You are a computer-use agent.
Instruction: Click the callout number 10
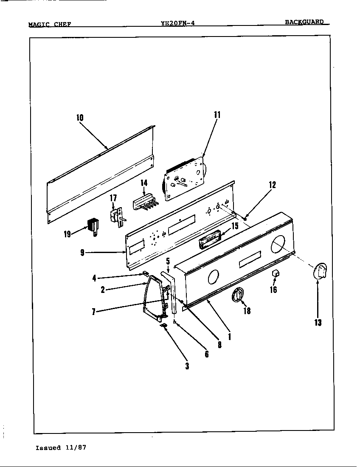pyautogui.click(x=80, y=118)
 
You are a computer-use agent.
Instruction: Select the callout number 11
pyautogui.click(x=217, y=114)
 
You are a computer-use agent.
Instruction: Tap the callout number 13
pyautogui.click(x=318, y=323)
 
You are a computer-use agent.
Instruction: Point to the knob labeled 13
pyautogui.click(x=319, y=271)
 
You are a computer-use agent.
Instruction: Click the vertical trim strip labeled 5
pyautogui.click(x=173, y=293)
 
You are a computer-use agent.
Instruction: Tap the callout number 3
pyautogui.click(x=187, y=366)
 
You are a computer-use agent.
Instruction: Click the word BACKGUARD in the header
pyautogui.click(x=304, y=22)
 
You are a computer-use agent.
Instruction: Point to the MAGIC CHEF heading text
pyautogui.click(x=49, y=24)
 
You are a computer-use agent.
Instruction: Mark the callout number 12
pyautogui.click(x=272, y=185)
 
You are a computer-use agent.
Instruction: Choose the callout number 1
pyautogui.click(x=229, y=336)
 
